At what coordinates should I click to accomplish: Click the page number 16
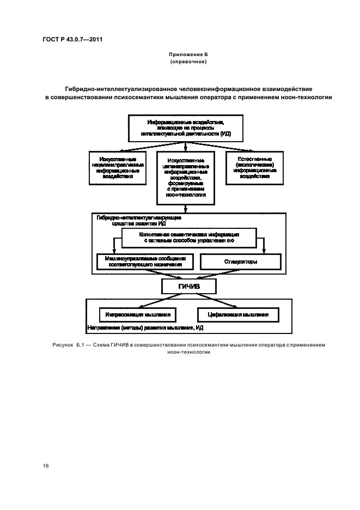pyautogui.click(x=46, y=466)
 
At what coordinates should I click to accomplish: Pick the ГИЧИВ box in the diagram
pyautogui.click(x=188, y=287)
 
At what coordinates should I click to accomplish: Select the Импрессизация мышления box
pyautogui.click(x=138, y=314)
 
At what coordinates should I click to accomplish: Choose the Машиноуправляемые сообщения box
pyautogui.click(x=144, y=262)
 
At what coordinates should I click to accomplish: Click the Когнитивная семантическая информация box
pyautogui.click(x=188, y=236)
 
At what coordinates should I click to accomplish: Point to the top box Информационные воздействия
pyautogui.click(x=186, y=127)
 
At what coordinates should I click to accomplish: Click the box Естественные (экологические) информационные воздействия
pyautogui.click(x=255, y=167)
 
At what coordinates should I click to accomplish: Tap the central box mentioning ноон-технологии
pyautogui.click(x=186, y=178)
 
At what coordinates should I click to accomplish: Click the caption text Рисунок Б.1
pyautogui.click(x=65, y=345)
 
